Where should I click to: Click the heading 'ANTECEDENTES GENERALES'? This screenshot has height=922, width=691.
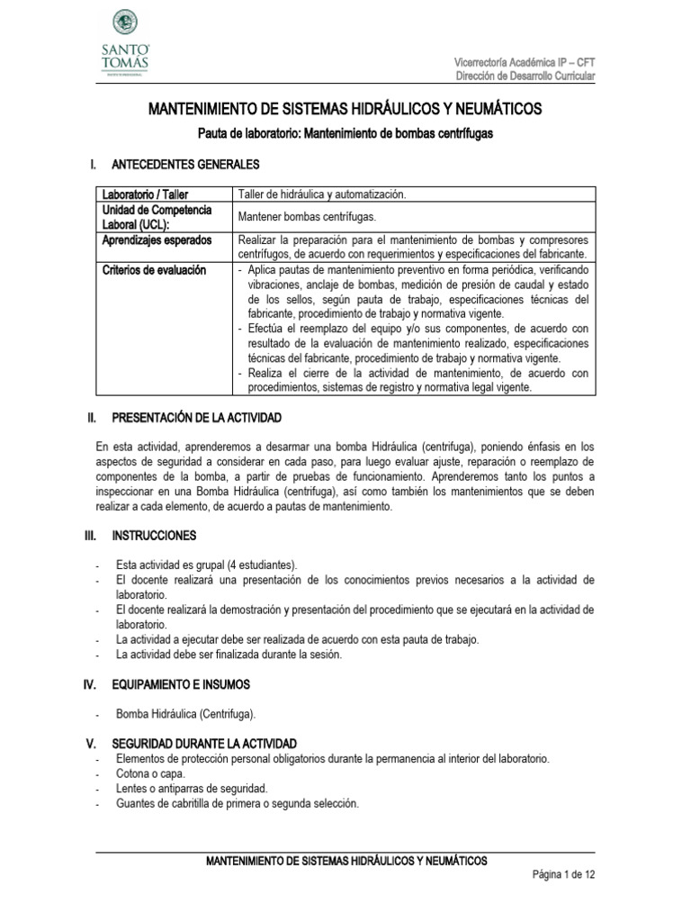pyautogui.click(x=185, y=166)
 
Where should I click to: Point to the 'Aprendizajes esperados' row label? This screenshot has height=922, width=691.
pyautogui.click(x=157, y=240)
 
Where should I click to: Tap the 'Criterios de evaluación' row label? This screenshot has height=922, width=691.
pyautogui.click(x=154, y=270)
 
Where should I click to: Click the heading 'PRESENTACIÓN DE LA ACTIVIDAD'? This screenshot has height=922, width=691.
pyautogui.click(x=196, y=419)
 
